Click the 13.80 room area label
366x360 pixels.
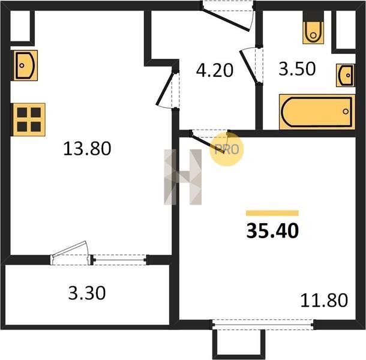pyautogui.click(x=87, y=149)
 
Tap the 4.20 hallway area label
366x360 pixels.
pyautogui.click(x=215, y=70)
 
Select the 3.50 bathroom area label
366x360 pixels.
pyautogui.click(x=297, y=68)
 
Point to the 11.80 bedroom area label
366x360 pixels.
pyautogui.click(x=324, y=301)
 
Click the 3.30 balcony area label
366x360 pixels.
pyautogui.click(x=87, y=293)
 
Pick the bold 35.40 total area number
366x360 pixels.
pyautogui.click(x=272, y=231)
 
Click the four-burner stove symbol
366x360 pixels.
pyautogui.click(x=29, y=119)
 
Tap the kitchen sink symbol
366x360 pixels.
pyautogui.click(x=25, y=65)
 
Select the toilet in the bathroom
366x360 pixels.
pyautogui.click(x=313, y=32)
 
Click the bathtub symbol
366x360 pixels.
pyautogui.click(x=317, y=112)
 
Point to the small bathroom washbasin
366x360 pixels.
pyautogui.click(x=346, y=75)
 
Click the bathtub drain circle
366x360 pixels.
pyautogui.click(x=346, y=112)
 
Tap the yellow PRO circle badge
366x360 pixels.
pyautogui.click(x=226, y=149)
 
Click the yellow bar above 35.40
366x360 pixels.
pyautogui.click(x=272, y=213)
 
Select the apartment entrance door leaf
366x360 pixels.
pyautogui.click(x=225, y=19)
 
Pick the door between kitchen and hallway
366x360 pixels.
pyautogui.click(x=166, y=88)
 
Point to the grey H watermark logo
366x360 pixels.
pyautogui.click(x=182, y=177)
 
